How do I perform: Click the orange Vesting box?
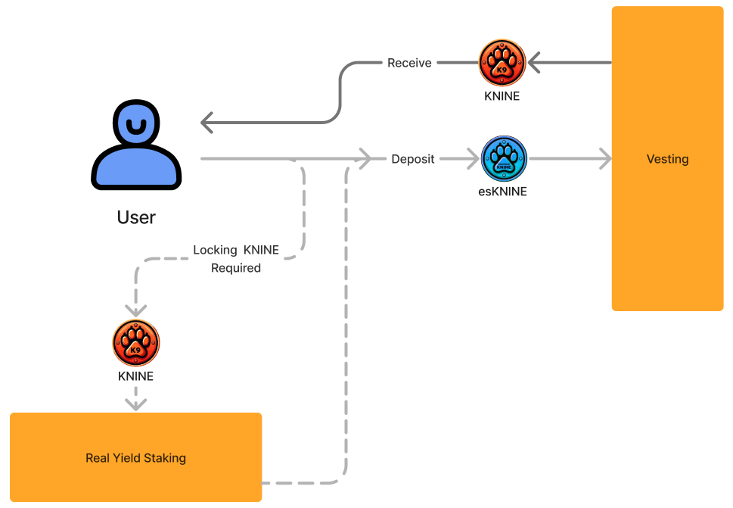point(667,159)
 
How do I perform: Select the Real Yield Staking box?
point(135,457)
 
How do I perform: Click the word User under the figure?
point(136,218)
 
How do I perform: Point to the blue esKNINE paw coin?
point(504,159)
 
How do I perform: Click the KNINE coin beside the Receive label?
point(502,63)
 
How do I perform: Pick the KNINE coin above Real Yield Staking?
point(136,343)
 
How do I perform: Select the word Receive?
point(409,63)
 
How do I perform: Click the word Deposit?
point(413,159)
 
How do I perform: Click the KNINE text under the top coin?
point(502,96)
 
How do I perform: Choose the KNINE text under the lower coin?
point(136,376)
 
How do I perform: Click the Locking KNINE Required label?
point(236,259)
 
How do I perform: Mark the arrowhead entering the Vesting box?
point(604,159)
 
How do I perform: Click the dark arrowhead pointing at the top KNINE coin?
point(535,63)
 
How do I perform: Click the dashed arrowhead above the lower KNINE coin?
point(136,310)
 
